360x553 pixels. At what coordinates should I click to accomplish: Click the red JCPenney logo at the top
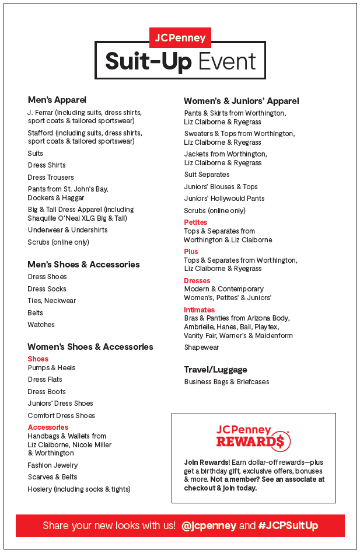click(180, 38)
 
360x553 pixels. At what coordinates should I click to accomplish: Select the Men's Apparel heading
click(57, 100)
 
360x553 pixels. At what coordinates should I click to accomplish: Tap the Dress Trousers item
click(51, 177)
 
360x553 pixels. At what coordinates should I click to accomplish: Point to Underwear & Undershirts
click(68, 230)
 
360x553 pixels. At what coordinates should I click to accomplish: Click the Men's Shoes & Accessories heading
click(83, 265)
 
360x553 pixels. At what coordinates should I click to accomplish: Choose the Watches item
click(41, 325)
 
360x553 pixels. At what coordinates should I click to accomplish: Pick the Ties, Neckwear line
click(52, 301)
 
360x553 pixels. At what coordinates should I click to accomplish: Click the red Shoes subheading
click(38, 359)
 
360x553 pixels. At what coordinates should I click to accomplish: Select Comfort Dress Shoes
click(61, 416)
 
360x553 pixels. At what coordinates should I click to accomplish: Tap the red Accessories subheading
click(48, 427)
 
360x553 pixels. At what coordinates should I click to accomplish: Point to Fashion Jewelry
click(53, 465)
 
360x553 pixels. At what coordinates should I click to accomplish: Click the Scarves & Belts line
click(53, 477)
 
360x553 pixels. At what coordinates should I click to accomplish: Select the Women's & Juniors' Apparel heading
click(241, 101)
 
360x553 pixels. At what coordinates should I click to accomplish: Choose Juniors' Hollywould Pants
click(225, 199)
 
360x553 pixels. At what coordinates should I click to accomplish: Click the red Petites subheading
click(195, 222)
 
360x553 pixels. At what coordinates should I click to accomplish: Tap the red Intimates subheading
click(200, 310)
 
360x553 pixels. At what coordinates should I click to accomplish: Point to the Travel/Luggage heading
click(215, 370)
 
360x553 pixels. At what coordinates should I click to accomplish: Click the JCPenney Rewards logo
click(253, 437)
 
